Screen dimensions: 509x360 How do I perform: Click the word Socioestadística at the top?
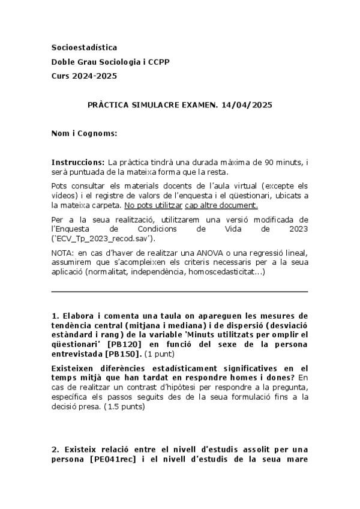tap(84, 47)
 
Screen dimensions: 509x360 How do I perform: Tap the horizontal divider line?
tap(180, 292)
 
